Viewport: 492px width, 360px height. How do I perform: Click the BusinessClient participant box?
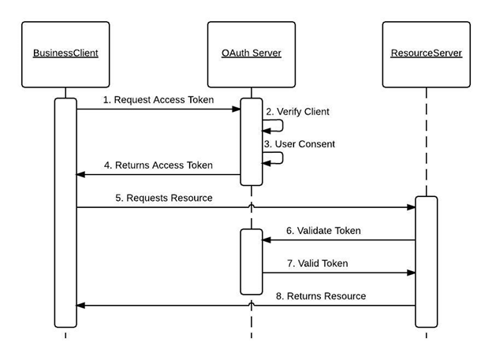pos(65,54)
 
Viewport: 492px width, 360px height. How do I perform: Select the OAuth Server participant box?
pos(252,54)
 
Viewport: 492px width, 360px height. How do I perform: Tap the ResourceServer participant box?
pos(426,54)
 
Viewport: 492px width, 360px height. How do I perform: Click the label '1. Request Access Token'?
pos(158,100)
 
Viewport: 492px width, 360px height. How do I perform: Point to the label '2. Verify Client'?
pos(297,112)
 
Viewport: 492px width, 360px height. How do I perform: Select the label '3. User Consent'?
pos(300,144)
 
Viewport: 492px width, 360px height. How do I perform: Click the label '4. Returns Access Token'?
pos(158,165)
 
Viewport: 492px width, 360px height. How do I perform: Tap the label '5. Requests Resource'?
pos(164,198)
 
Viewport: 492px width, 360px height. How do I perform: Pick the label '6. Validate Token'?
pos(323,231)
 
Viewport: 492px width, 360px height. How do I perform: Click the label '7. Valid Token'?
pos(318,263)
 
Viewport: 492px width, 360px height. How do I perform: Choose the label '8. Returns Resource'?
pos(320,296)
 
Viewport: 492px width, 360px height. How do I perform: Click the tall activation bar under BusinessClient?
pos(65,213)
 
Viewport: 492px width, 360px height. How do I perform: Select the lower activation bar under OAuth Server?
pos(252,262)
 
